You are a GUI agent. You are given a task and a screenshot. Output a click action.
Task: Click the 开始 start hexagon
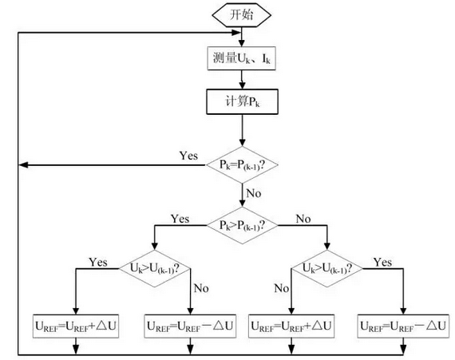[x=241, y=15]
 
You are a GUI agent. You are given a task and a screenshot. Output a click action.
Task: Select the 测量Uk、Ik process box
[x=241, y=58]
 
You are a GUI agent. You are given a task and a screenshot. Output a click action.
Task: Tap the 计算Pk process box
[x=242, y=102]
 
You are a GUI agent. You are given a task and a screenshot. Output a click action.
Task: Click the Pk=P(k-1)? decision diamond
[x=242, y=164]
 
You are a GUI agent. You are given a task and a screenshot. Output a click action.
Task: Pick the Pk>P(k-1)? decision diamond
[x=242, y=225]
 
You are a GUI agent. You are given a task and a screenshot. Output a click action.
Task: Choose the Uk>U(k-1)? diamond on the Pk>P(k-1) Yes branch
[x=155, y=269]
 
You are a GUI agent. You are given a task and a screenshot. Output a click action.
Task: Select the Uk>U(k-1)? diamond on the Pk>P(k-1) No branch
[x=327, y=269]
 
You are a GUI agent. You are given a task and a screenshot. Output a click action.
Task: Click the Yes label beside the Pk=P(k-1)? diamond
[x=188, y=156]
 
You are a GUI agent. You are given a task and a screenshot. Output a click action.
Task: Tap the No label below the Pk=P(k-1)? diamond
[x=254, y=193]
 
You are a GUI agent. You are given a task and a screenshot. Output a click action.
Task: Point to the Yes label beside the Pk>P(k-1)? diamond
[x=180, y=219]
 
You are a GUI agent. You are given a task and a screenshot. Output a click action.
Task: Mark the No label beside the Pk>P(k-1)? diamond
[x=303, y=219]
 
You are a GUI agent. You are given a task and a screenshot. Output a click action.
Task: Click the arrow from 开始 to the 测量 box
[x=241, y=37]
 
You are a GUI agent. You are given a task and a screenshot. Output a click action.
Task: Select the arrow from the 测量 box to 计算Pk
[x=242, y=80]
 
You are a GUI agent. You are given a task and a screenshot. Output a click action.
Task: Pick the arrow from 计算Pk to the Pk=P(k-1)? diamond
[x=242, y=130]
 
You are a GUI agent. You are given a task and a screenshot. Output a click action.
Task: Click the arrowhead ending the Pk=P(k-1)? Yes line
[x=23, y=164]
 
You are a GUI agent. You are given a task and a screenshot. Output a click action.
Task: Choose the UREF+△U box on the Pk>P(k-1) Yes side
[x=76, y=326]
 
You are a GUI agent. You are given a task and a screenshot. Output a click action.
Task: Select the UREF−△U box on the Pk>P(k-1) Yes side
[x=190, y=326]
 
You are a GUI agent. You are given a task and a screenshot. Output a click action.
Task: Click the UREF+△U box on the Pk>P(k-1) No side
[x=291, y=326]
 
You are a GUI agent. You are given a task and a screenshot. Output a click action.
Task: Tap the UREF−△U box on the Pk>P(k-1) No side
[x=403, y=326]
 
